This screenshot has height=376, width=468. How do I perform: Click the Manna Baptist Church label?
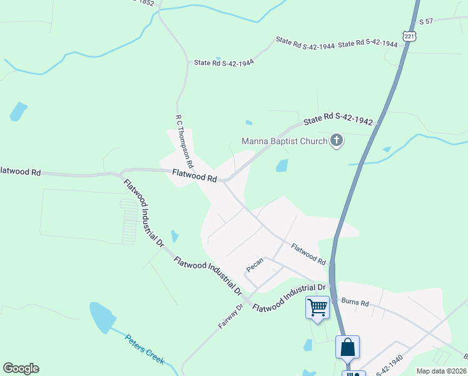pos(285,141)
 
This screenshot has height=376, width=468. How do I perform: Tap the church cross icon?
pos(337,140)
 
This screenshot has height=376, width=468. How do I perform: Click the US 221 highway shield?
pos(409,37)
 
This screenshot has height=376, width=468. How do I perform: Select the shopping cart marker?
pos(318,307)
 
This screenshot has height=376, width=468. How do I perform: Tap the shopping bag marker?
pos(347,347)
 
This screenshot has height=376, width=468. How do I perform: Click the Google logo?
pos(21,368)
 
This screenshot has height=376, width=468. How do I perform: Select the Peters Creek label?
pos(145,349)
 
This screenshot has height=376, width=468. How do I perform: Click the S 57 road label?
pos(426,21)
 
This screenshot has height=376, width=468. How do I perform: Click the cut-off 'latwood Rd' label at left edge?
pos(21,171)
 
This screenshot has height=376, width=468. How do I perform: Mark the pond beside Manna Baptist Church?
pos(282,165)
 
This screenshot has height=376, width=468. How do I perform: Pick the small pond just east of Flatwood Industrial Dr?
pos(175,236)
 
